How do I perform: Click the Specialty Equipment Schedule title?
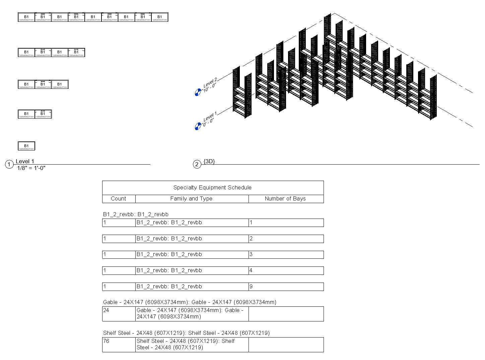[x=212, y=187]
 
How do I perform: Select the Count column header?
[x=119, y=198]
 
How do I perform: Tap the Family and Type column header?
[x=191, y=198]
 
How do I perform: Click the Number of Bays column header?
[x=285, y=198]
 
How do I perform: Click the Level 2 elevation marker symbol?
[x=198, y=92]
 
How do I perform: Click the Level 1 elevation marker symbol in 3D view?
[x=198, y=126]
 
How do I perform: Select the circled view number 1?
[x=9, y=164]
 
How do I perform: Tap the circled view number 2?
[x=197, y=164]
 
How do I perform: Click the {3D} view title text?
[x=209, y=161]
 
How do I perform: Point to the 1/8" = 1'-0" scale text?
[x=31, y=168]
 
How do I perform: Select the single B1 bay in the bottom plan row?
[x=26, y=146]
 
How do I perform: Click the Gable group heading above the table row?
[x=190, y=302]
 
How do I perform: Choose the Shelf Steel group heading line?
[x=186, y=333]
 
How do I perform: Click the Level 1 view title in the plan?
[x=25, y=161]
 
